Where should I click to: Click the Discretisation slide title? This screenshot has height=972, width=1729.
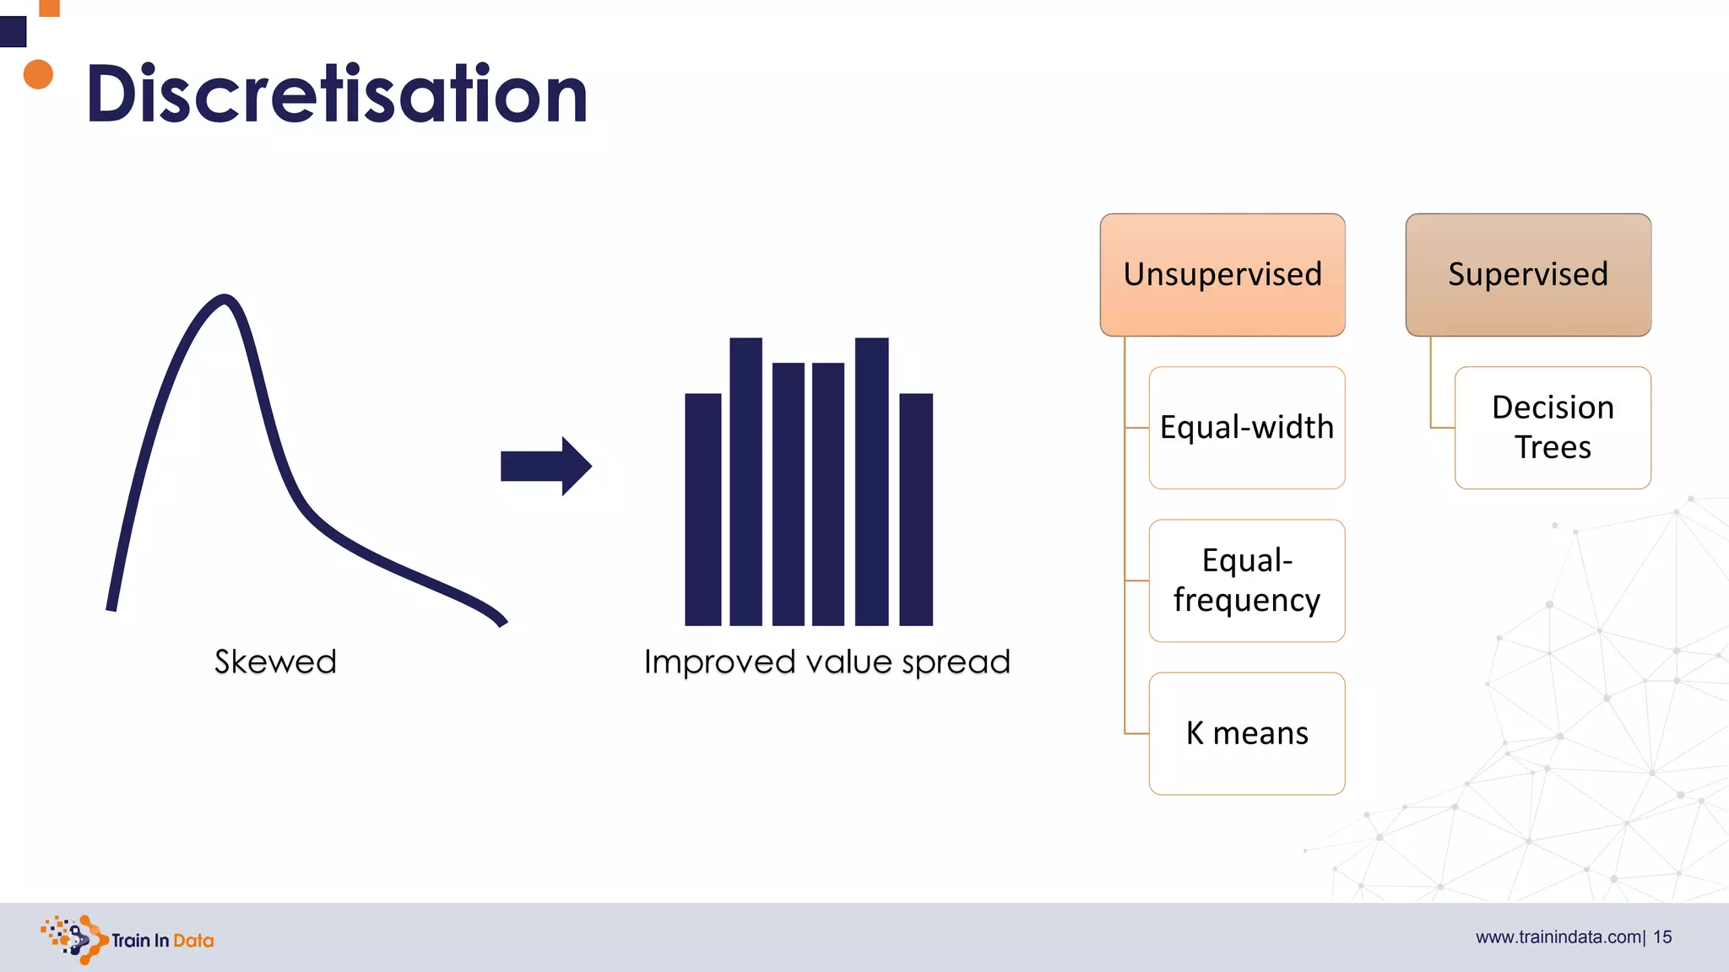pyautogui.click(x=336, y=94)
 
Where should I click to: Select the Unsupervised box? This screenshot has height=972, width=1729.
pyautogui.click(x=1222, y=274)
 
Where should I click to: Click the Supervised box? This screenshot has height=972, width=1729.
pyautogui.click(x=1527, y=274)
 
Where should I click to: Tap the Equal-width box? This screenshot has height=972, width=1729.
pyautogui.click(x=1246, y=427)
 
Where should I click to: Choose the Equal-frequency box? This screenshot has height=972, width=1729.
pyautogui.click(x=1246, y=580)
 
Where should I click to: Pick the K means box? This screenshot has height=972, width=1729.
pyautogui.click(x=1246, y=733)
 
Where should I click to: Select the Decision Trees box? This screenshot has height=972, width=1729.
pyautogui.click(x=1552, y=427)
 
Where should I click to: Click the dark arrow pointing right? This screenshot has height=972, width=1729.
pyautogui.click(x=545, y=466)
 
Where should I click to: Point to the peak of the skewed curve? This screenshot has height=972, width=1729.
pyautogui.click(x=225, y=299)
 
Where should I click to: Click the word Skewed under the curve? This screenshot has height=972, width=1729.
pyautogui.click(x=275, y=661)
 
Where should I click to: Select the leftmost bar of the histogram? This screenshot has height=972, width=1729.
pyautogui.click(x=702, y=509)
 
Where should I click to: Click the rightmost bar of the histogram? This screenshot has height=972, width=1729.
pyautogui.click(x=916, y=509)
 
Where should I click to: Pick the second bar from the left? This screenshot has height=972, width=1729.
pyautogui.click(x=745, y=481)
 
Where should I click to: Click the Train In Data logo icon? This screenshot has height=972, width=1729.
pyautogui.click(x=74, y=939)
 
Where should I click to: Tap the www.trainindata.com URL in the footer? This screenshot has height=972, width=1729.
pyautogui.click(x=1558, y=937)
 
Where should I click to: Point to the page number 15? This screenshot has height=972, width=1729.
pyautogui.click(x=1662, y=937)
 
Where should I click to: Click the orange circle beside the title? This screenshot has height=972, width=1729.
pyautogui.click(x=38, y=74)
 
